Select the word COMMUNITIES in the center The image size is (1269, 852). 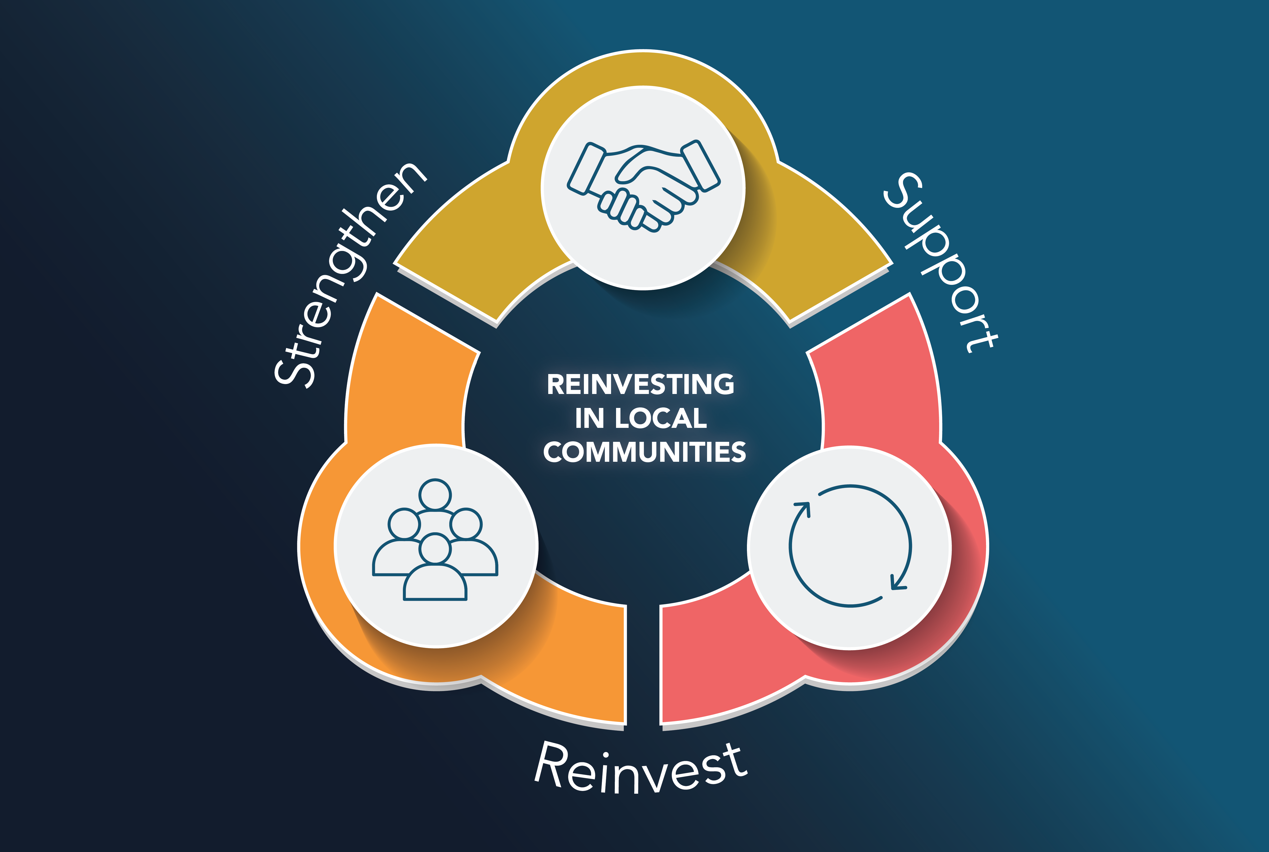click(644, 452)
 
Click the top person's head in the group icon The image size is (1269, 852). click(435, 494)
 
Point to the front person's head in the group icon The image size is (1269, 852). click(435, 549)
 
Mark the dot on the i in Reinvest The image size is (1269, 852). click(605, 755)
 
